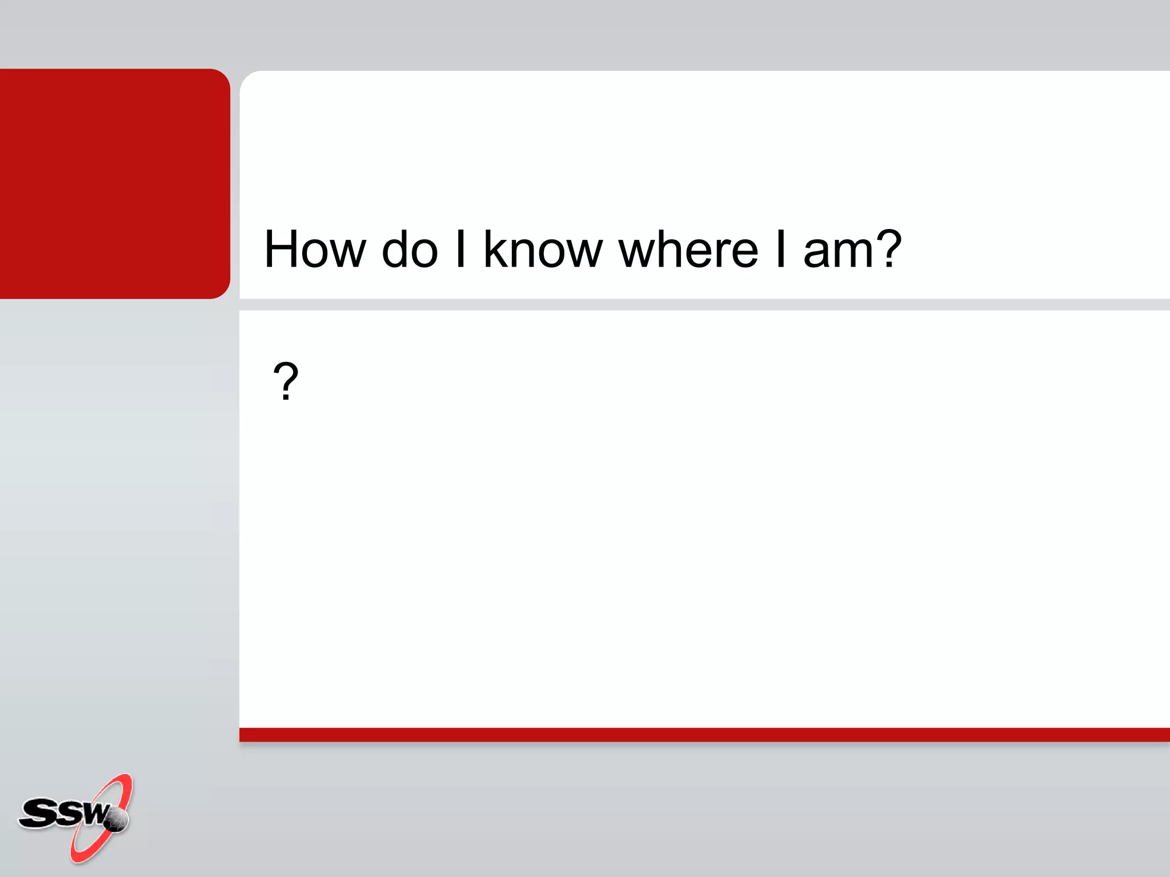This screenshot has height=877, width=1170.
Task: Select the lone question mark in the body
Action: pyautogui.click(x=286, y=381)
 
